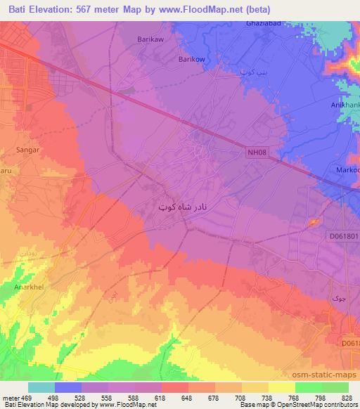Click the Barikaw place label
tap(151, 40)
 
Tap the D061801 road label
tap(342, 237)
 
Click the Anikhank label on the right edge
tap(345, 105)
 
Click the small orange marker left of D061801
tap(311, 223)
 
